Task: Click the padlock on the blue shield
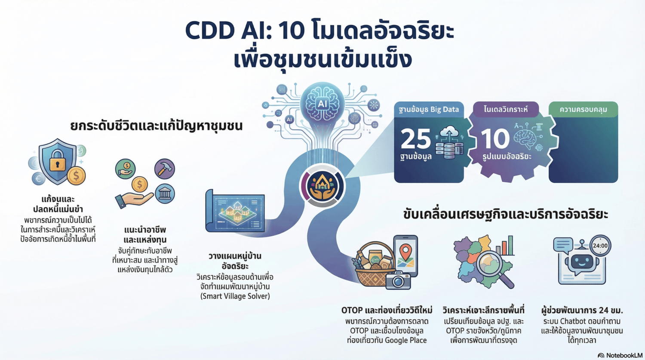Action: [x=58, y=163]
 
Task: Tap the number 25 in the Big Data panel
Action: [x=415, y=138]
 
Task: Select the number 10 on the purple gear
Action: [x=495, y=138]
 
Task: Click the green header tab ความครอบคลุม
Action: [x=583, y=110]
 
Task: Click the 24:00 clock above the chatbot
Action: [x=600, y=246]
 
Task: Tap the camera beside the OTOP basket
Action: [x=398, y=281]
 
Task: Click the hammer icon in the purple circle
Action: [x=164, y=168]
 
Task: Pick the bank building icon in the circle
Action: [x=164, y=194]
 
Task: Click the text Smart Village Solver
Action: [x=235, y=296]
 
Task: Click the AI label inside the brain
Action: [x=322, y=103]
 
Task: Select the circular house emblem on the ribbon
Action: [x=322, y=186]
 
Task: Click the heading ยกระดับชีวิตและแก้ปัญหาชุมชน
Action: [x=157, y=126]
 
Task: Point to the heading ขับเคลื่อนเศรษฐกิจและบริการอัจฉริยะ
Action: [x=505, y=214]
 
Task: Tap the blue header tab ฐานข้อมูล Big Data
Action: [x=428, y=110]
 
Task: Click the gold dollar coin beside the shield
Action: [x=77, y=175]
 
